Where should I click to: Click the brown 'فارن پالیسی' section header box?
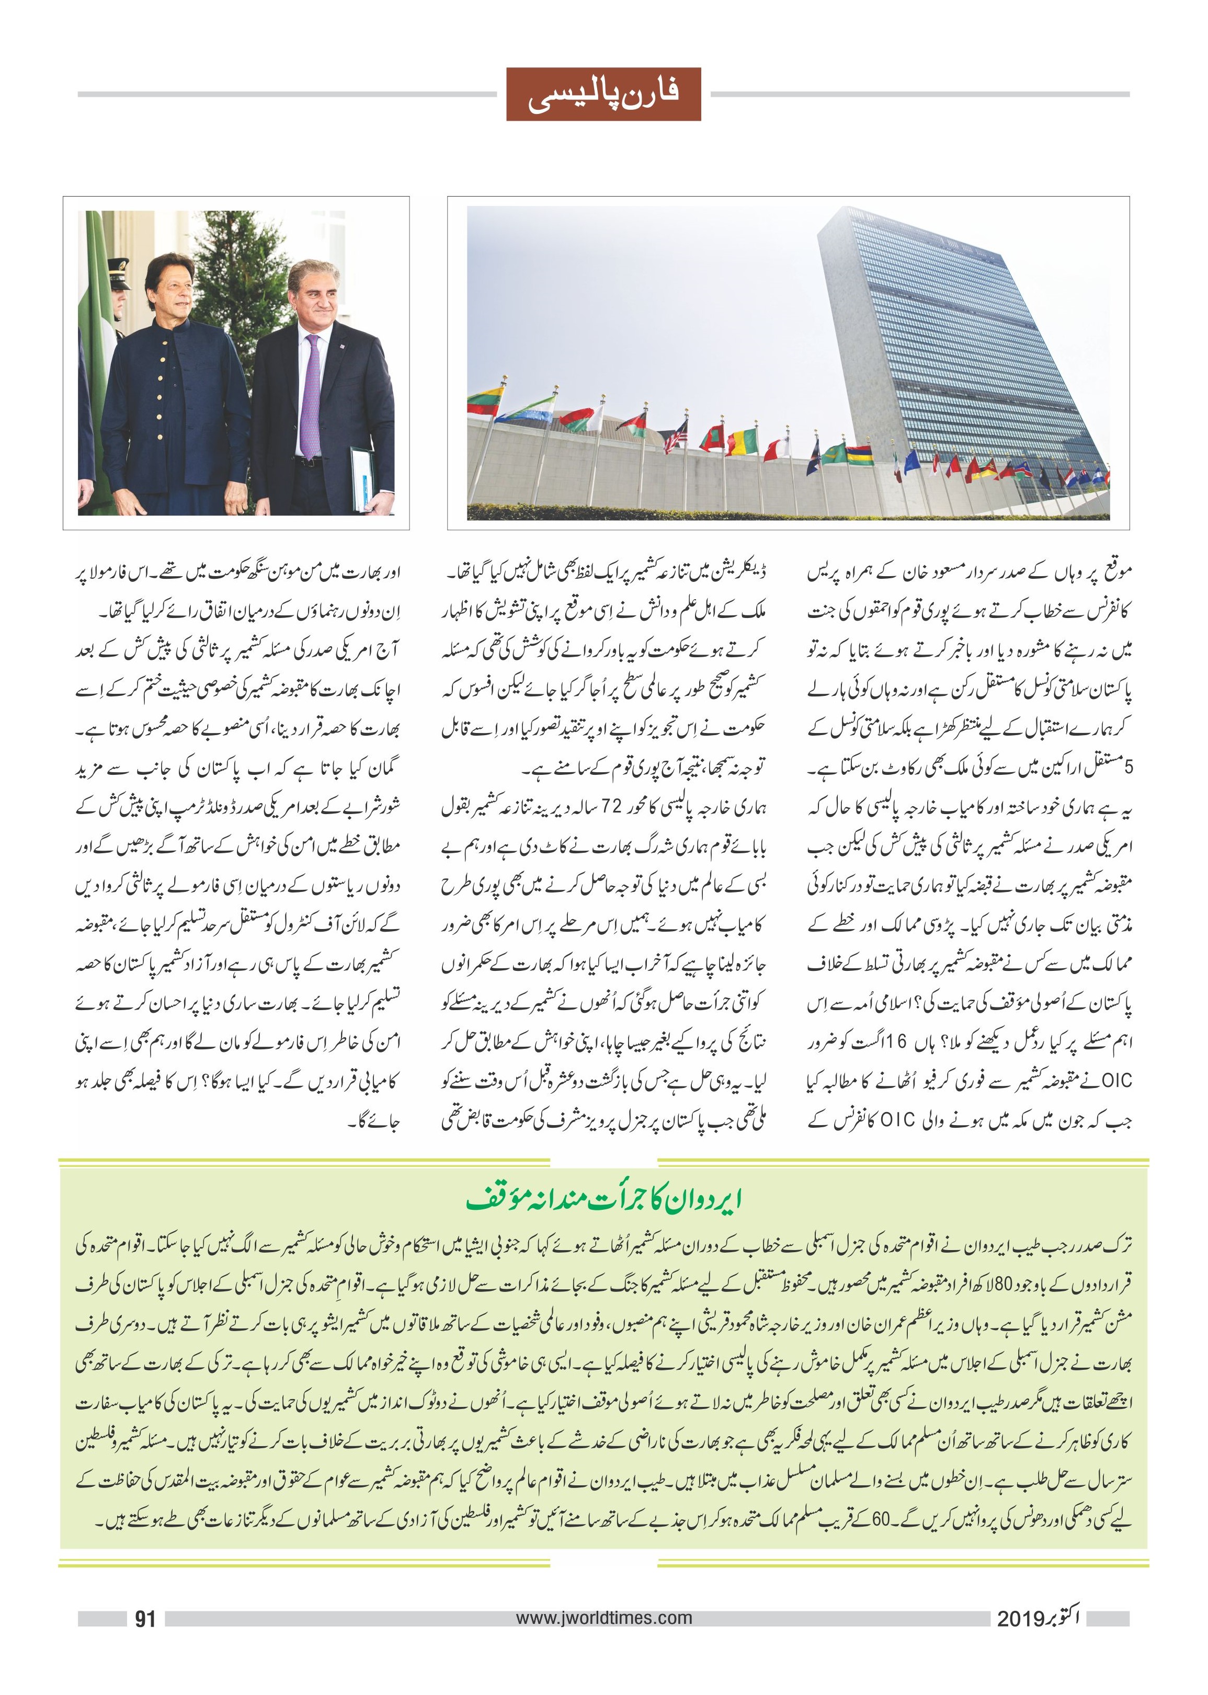pos(603,95)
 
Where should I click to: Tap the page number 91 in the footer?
pos(145,1618)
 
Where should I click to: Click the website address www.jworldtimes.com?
pos(603,1617)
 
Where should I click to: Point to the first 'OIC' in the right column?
pos(1116,1080)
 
